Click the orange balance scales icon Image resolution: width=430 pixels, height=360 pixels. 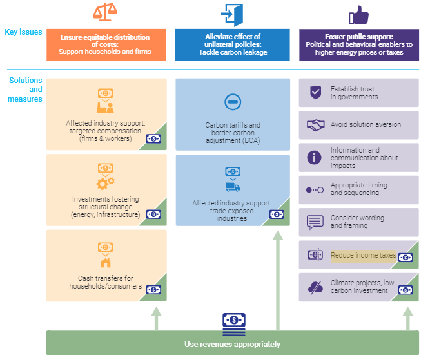104,12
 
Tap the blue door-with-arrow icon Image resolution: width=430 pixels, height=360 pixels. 232,15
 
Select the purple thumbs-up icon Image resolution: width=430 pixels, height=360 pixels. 358,15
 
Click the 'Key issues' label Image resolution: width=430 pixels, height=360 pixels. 24,32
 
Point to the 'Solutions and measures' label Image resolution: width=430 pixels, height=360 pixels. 25,90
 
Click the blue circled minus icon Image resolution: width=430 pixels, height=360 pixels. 233,102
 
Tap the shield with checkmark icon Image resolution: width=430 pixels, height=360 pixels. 316,92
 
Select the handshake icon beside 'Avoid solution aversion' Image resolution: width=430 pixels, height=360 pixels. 316,125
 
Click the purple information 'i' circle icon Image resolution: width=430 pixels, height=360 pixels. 314,158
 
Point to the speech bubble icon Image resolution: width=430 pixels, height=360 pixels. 315,222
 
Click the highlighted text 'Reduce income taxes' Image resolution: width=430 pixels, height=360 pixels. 364,255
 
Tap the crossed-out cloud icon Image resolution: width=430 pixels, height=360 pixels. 315,288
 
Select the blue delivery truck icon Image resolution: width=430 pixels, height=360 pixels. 233,187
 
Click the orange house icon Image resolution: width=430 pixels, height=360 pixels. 106,263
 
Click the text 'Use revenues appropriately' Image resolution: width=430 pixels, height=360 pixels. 232,345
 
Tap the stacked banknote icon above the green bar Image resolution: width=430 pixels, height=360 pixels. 234,325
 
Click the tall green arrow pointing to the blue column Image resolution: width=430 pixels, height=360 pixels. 278,281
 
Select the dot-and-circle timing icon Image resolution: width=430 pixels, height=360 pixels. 315,190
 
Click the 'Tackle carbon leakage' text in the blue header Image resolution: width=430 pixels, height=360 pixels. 233,52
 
